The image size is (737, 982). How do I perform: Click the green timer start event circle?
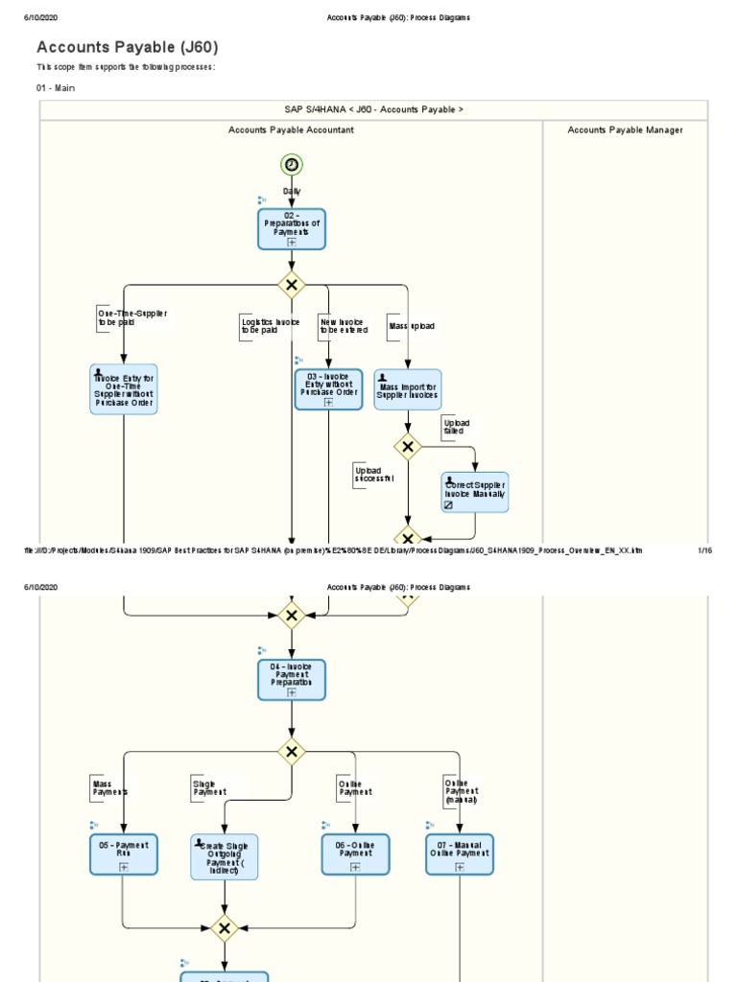coord(292,165)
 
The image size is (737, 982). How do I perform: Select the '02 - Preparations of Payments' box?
coord(292,229)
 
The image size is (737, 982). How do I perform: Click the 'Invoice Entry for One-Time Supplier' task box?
coord(124,389)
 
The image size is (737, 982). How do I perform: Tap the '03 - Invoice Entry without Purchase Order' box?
coord(328,389)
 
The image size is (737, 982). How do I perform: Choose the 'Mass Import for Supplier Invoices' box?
coord(408,389)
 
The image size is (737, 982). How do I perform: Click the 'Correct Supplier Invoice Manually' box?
coord(475,492)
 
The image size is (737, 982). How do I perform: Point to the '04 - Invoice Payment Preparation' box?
coord(292,680)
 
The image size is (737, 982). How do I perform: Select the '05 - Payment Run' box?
coord(123,853)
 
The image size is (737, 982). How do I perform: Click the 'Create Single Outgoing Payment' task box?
coord(225,856)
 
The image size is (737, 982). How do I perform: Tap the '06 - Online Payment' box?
coord(355,853)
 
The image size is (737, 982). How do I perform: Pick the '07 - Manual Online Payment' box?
coord(460,853)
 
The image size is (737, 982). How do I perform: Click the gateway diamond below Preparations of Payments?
coord(292,285)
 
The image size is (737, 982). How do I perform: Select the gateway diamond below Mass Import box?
coord(408,446)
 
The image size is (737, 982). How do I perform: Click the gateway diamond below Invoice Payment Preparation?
coord(292,751)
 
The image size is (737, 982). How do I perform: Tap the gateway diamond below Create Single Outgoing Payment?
coord(225,928)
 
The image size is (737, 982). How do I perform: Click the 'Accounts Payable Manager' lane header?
coord(625,129)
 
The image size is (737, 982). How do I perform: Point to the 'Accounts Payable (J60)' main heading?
coord(128,47)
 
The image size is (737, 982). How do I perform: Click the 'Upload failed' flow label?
coord(456,427)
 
